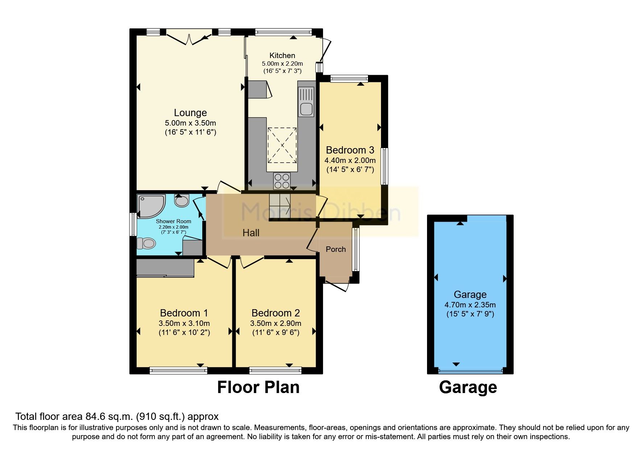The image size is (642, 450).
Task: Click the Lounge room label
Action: click(x=190, y=113)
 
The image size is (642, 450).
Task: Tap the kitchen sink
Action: click(x=306, y=108)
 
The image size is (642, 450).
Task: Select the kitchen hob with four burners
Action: click(x=282, y=181)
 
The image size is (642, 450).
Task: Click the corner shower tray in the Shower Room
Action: click(x=150, y=205)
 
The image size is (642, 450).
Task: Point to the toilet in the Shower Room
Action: click(x=147, y=243)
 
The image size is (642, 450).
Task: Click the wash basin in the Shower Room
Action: click(x=182, y=200)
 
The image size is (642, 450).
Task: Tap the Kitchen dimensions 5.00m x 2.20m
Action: click(x=282, y=64)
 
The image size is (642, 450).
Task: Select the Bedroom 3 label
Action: click(x=350, y=150)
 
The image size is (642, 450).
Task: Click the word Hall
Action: click(x=251, y=233)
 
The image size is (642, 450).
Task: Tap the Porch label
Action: click(x=336, y=249)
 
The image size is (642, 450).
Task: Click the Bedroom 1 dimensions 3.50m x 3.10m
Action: click(x=184, y=323)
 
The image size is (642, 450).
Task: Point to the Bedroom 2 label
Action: click(x=276, y=313)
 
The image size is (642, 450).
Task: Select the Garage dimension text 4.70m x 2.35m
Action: click(x=470, y=305)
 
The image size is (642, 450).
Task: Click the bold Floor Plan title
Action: click(x=258, y=387)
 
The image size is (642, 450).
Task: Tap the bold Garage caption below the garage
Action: click(x=468, y=387)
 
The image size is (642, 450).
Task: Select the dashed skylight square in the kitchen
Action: click(x=282, y=146)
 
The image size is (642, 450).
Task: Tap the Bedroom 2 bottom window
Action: click(x=276, y=371)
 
